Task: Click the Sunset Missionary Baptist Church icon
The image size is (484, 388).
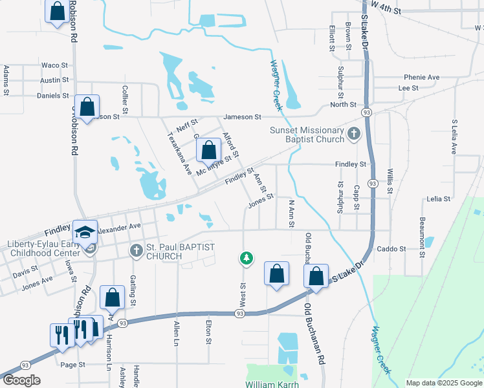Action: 353,135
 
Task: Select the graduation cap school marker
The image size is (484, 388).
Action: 85,232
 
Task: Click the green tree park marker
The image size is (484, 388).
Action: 246,259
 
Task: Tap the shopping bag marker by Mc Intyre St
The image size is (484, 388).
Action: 208,151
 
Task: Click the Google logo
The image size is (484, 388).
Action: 21,380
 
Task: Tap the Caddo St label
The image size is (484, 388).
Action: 391,248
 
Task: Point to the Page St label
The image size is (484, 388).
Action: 72,365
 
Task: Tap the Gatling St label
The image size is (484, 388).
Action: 133,289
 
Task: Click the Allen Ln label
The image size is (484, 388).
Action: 176,335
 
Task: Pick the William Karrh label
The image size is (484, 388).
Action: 272,384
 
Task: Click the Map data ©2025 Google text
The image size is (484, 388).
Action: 444,383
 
